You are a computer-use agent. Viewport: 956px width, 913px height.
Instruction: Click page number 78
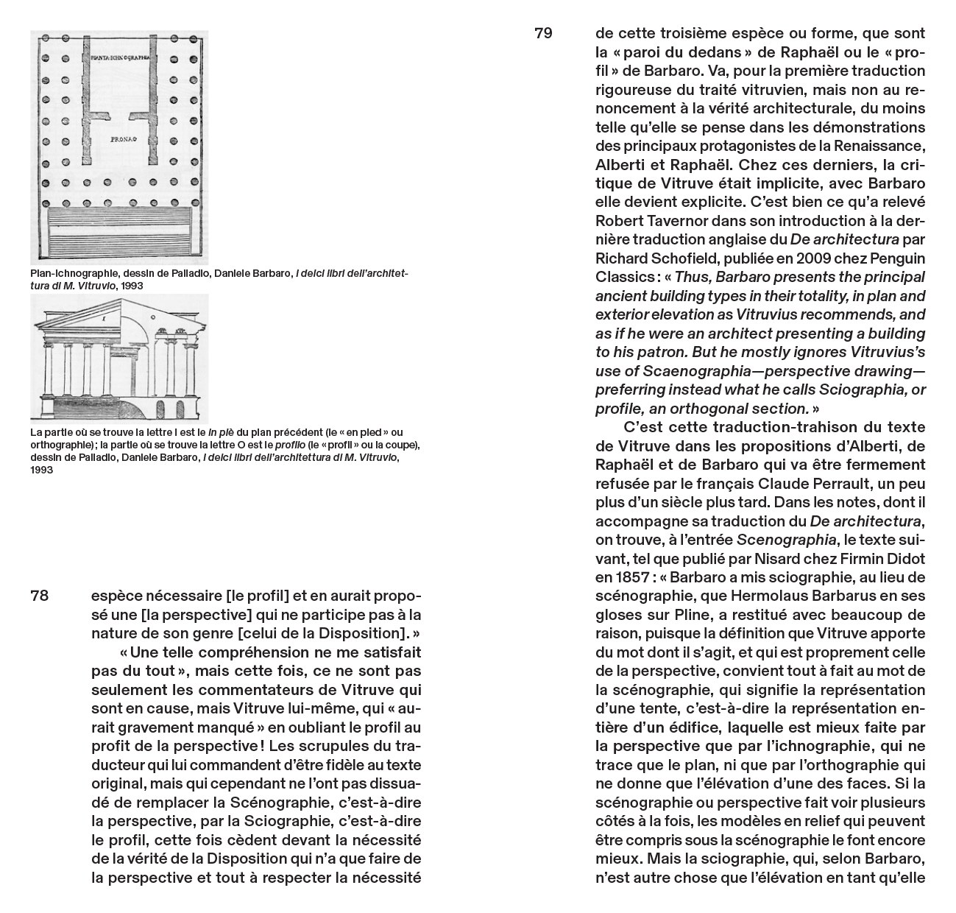click(x=40, y=596)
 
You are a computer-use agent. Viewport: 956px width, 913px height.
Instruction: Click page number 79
click(x=543, y=33)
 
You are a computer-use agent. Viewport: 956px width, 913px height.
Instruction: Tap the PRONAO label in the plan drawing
click(x=110, y=138)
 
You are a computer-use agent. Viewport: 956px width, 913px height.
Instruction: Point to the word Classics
click(x=623, y=277)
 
